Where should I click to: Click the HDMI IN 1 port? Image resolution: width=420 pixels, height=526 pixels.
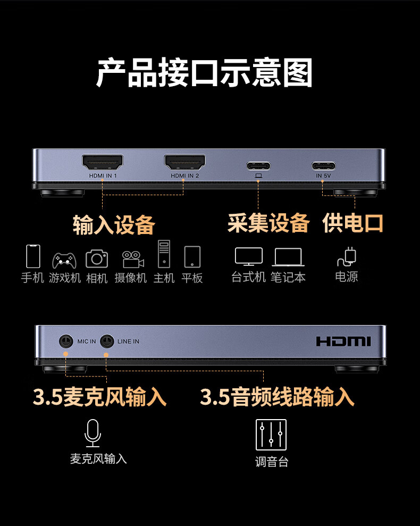pos(103,162)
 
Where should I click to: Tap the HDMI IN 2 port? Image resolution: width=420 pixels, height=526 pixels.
pos(185,162)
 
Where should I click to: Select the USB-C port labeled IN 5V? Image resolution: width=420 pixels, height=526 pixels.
pos(323,166)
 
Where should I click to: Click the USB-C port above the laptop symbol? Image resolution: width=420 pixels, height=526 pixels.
pos(258,166)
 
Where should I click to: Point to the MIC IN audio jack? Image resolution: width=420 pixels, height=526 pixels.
pos(66,341)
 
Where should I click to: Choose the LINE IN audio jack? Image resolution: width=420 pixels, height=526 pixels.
pos(107,341)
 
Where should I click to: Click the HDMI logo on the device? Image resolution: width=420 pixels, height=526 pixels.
pos(343,341)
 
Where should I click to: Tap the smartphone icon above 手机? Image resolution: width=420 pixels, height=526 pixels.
pos(33,256)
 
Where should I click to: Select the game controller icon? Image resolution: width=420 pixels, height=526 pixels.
pos(64,261)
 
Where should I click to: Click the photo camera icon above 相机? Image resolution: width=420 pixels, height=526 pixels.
pos(97,258)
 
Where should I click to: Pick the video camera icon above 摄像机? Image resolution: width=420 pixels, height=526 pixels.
pos(133,260)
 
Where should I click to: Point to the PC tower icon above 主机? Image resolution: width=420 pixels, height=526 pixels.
pos(164,254)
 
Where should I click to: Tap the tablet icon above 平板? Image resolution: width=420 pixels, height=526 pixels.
pos(192,257)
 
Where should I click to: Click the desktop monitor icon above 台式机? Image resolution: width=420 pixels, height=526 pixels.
pos(249,257)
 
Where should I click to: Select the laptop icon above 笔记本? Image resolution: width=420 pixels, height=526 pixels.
pos(288,257)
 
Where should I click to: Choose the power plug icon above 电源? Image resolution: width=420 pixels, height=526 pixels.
pos(347,257)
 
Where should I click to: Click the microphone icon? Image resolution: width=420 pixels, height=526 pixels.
pos(93,433)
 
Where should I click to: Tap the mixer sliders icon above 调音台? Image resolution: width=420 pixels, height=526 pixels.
pos(271,435)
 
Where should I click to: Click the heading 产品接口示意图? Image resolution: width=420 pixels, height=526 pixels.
pos(204,72)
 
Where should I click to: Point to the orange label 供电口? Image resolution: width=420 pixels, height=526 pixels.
pos(352,223)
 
